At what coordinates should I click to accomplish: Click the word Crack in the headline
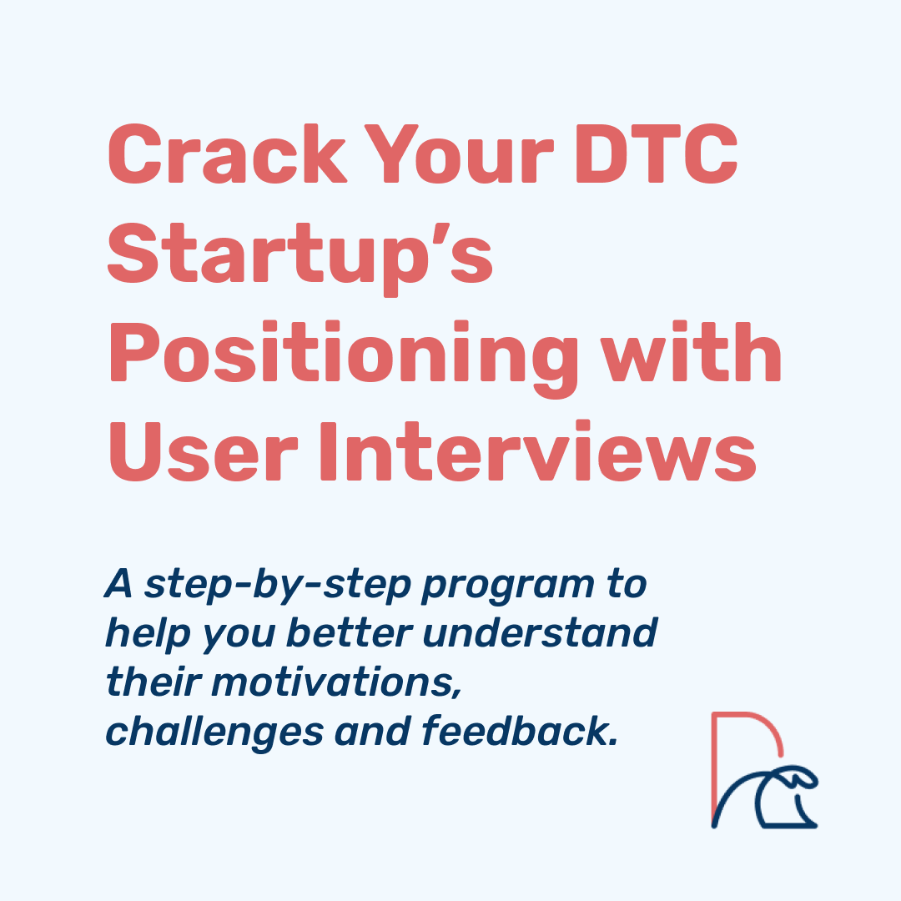(x=228, y=154)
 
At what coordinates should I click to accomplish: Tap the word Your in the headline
(x=459, y=154)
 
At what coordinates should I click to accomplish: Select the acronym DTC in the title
(x=657, y=154)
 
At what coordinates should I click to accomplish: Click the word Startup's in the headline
(x=300, y=259)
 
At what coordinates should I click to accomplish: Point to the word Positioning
(x=344, y=358)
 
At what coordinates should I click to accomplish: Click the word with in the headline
(x=692, y=351)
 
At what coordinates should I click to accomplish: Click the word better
(x=350, y=634)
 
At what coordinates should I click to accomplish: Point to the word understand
(x=540, y=634)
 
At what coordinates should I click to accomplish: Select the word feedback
(x=520, y=732)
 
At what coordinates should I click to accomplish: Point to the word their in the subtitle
(x=154, y=682)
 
